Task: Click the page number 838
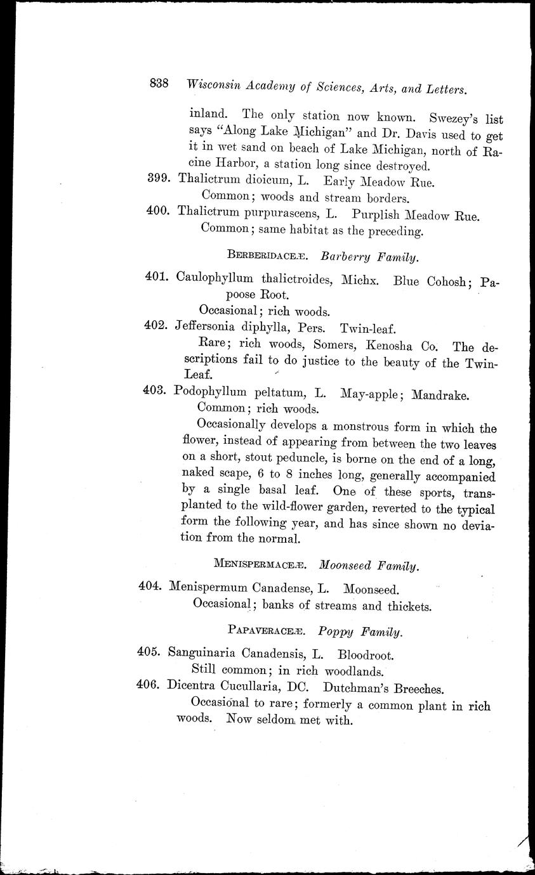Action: (x=159, y=84)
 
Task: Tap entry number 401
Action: (x=155, y=277)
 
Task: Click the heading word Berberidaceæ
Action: (x=267, y=256)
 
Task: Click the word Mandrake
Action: (x=440, y=394)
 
